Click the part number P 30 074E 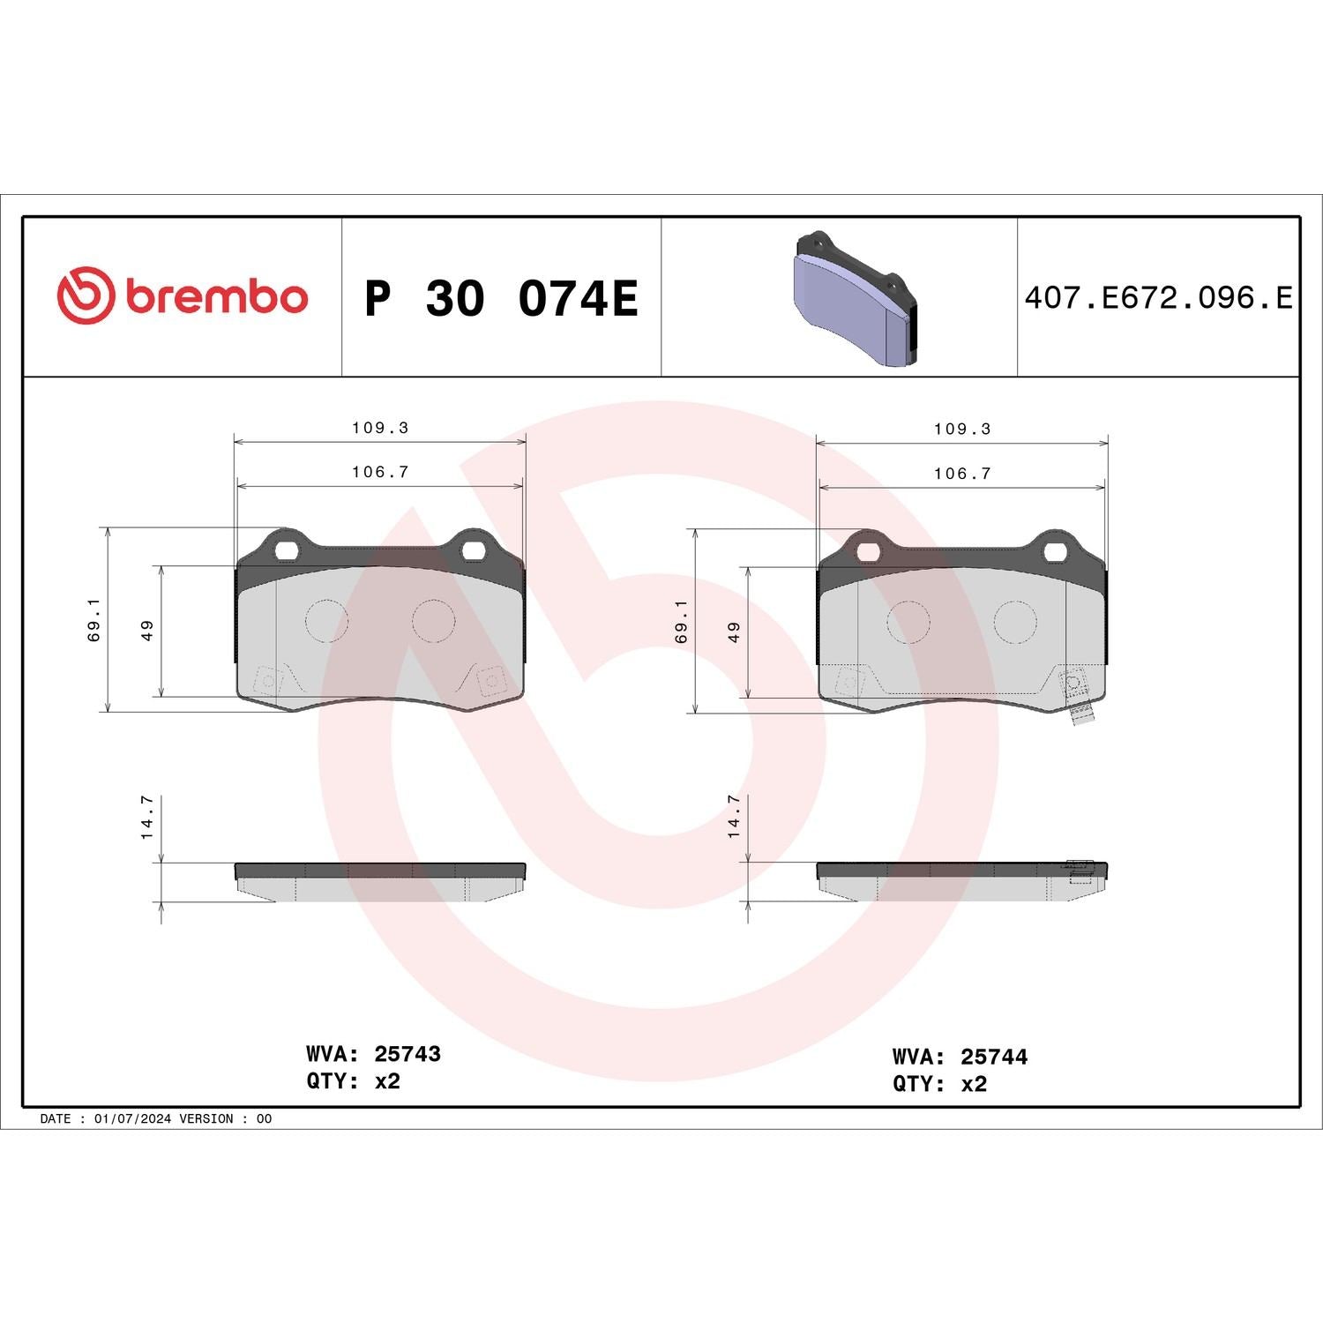point(501,298)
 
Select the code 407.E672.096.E point(1158,298)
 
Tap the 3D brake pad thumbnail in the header point(855,300)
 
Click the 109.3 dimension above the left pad point(380,428)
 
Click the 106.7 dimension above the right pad point(962,474)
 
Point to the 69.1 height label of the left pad point(95,619)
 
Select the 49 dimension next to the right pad point(735,632)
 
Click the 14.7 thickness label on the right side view point(734,815)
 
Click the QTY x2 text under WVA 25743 point(353,1081)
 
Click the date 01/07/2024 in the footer point(131,1118)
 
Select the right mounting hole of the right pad point(1056,552)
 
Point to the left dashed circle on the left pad point(326,620)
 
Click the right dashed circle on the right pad point(1015,622)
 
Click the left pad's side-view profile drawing point(380,881)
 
